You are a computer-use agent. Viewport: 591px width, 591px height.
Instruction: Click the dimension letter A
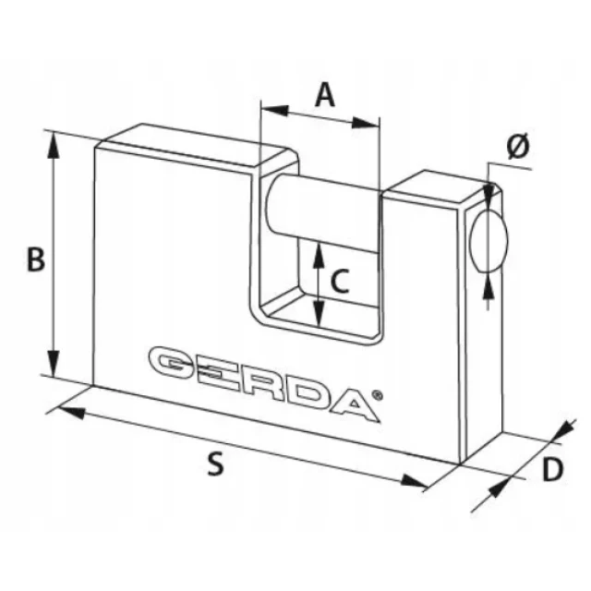[325, 95]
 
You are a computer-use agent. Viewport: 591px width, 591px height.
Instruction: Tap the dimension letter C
[340, 281]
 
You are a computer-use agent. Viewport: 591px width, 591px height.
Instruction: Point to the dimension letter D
[552, 469]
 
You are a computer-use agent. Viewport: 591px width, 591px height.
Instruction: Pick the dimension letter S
[216, 464]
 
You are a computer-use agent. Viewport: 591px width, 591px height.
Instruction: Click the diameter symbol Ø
[518, 146]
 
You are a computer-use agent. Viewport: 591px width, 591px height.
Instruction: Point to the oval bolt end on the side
[488, 241]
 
